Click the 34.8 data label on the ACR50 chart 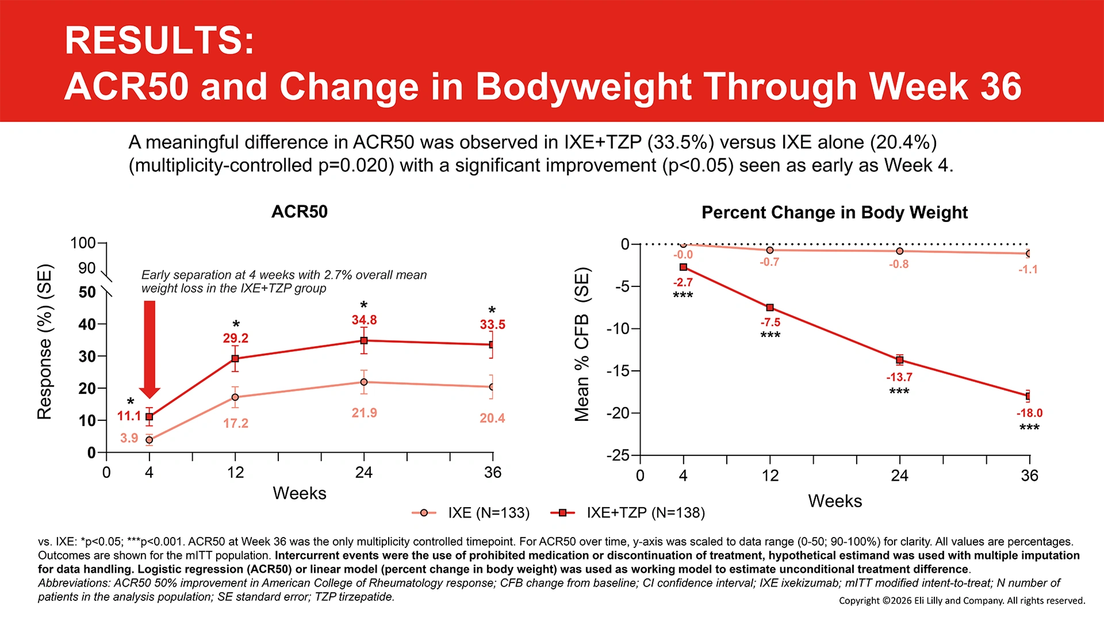(364, 320)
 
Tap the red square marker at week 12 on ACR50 (235, 359)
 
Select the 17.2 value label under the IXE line (236, 424)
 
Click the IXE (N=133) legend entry (471, 512)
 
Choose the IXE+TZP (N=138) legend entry (628, 512)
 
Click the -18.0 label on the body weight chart (1029, 413)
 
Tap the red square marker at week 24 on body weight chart (900, 360)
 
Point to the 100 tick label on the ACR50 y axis (83, 243)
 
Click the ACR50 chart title (300, 212)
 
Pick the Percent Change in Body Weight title (834, 213)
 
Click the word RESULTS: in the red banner (159, 40)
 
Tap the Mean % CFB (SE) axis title (582, 344)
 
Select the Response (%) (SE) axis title (44, 342)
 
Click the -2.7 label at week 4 (683, 282)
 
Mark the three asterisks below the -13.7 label (899, 392)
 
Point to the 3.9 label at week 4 (129, 438)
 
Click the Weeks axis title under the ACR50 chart (300, 493)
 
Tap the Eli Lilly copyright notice (962, 601)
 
